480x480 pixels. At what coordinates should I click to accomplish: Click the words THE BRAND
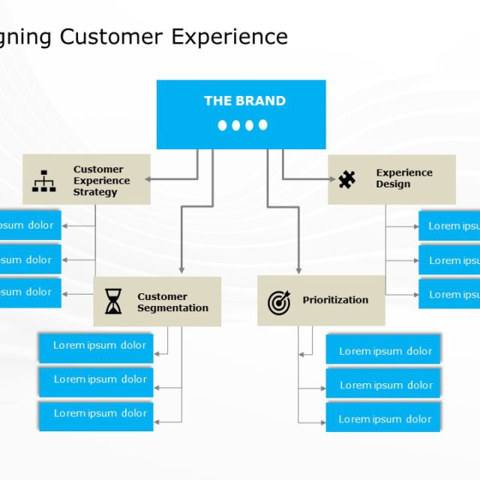pos(244,100)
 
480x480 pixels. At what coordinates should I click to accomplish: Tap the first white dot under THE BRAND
pos(223,125)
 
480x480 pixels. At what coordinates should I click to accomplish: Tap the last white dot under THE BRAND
pos(263,125)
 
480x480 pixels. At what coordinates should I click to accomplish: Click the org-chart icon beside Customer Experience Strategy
pos(44,181)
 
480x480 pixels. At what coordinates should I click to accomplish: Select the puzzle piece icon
pos(346,179)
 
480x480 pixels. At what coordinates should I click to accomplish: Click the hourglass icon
pos(113,301)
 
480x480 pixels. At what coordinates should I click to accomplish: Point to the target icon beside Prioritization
pos(279,301)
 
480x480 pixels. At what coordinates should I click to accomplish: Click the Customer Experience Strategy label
pos(101,181)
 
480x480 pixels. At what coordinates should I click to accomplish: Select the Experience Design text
pos(404,178)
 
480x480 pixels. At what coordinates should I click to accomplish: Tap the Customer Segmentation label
pos(172,302)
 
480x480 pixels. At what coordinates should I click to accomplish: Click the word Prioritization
pos(335,300)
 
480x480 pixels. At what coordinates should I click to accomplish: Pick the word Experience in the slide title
pos(229,37)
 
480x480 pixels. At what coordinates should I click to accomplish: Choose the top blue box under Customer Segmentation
pos(96,346)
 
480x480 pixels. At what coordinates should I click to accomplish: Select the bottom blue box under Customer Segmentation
pos(96,414)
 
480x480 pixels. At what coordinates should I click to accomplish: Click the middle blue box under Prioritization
pos(383,384)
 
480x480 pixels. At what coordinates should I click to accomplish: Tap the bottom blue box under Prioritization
pos(383,418)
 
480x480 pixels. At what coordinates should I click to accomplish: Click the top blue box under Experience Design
pos(449,226)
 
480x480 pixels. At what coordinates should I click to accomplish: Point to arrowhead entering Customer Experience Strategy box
pos(148,179)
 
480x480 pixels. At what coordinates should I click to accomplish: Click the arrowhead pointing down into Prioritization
pos(298,271)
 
